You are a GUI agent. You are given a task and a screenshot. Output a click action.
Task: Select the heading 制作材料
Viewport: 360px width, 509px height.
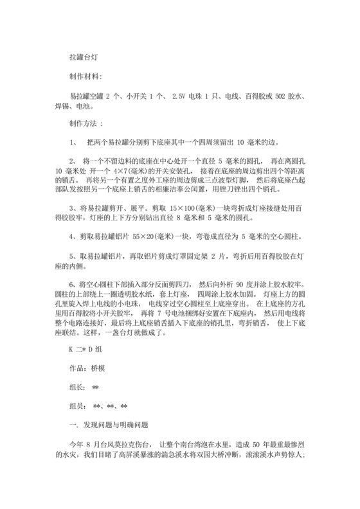point(84,76)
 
